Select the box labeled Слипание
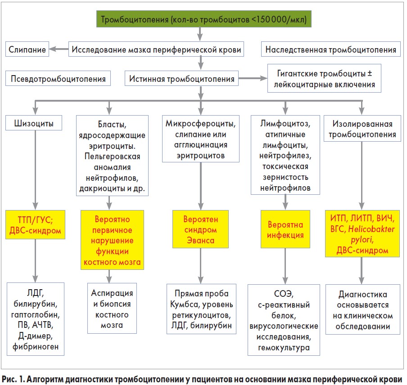(x=27, y=49)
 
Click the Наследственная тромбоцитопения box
(x=331, y=49)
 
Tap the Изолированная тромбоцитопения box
(x=362, y=129)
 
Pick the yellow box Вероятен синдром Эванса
(x=200, y=230)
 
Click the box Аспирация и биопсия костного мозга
(x=110, y=309)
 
